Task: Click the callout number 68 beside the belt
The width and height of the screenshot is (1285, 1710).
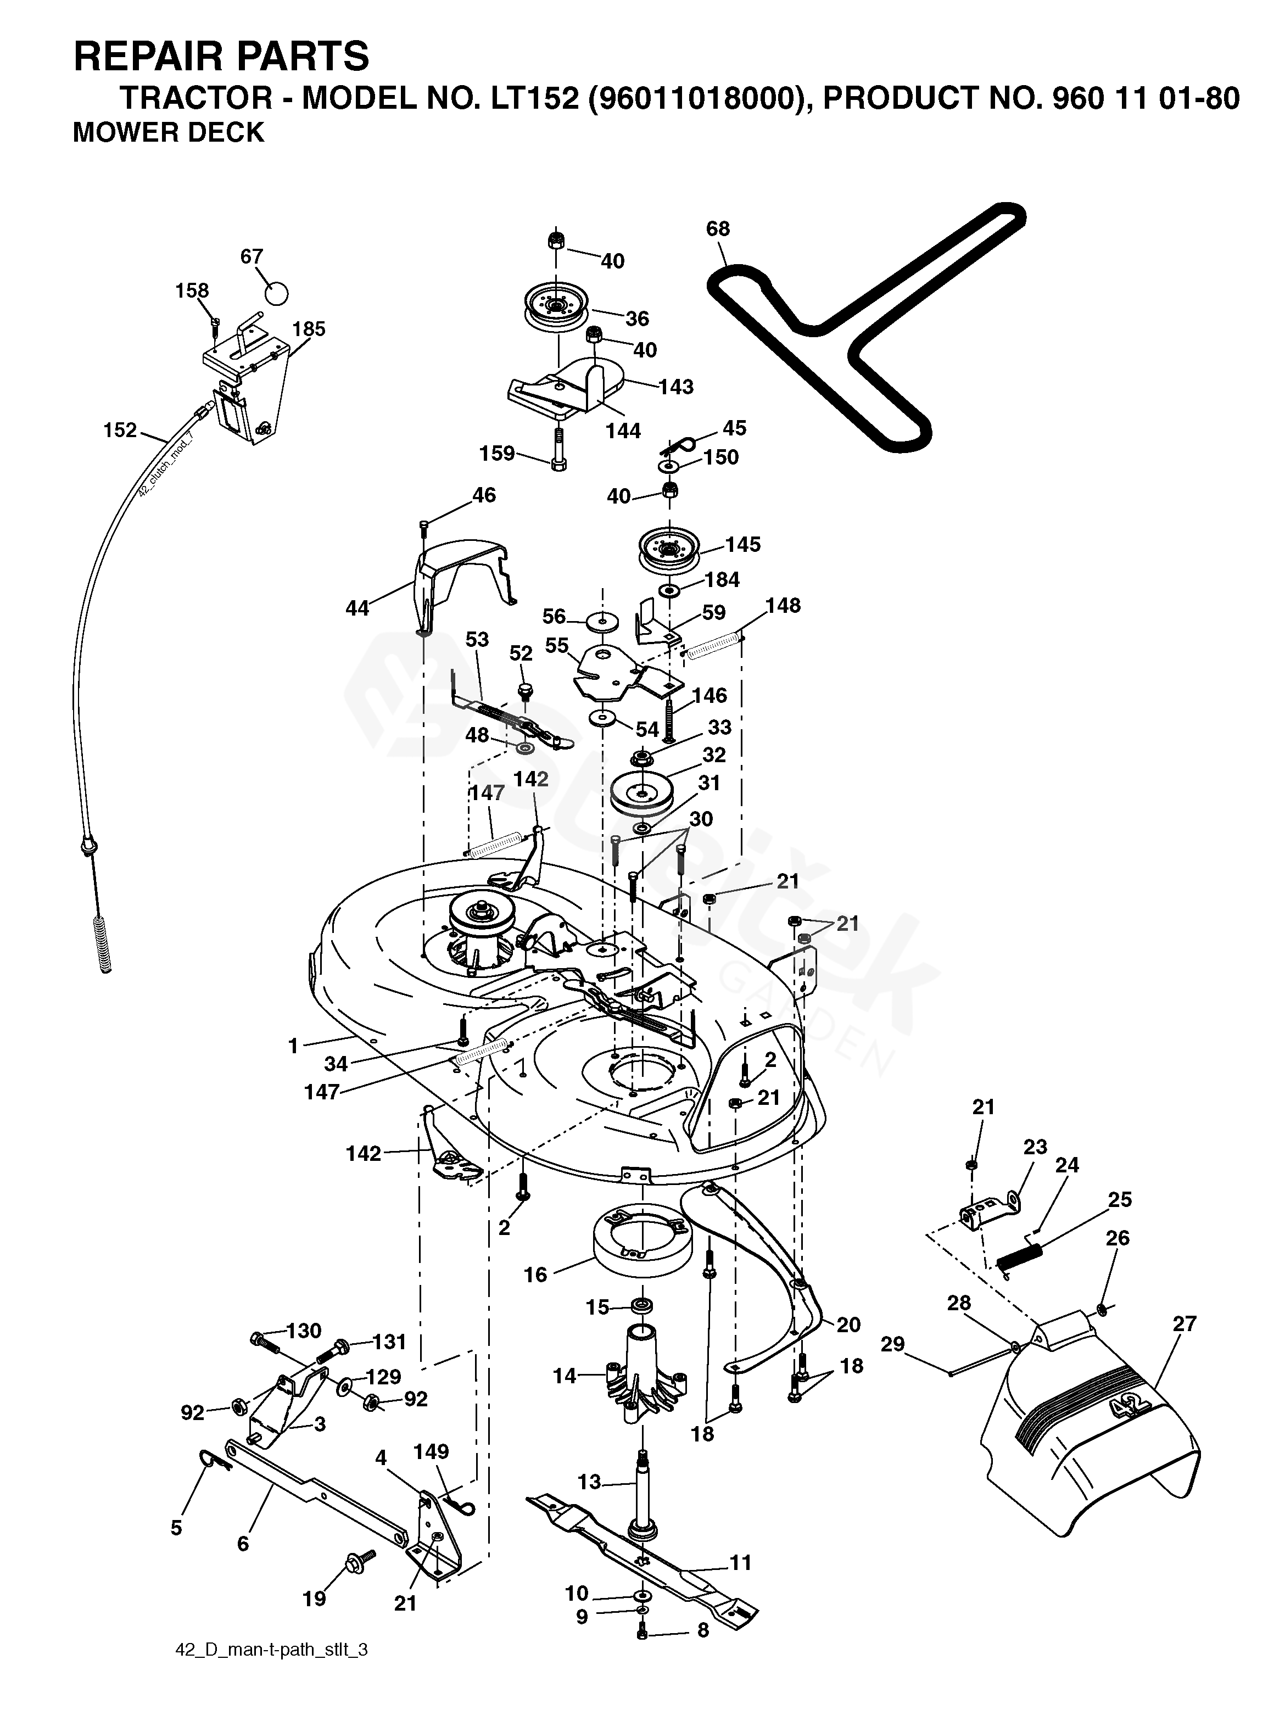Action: click(x=718, y=229)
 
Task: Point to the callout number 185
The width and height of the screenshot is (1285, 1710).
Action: click(x=309, y=329)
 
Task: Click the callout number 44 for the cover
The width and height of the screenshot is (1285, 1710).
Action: click(x=357, y=608)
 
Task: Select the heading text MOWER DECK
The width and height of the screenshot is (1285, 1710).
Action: click(x=169, y=132)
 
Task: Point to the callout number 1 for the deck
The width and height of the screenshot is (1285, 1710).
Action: click(x=293, y=1046)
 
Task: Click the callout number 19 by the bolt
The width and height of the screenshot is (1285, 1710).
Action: click(x=314, y=1598)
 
